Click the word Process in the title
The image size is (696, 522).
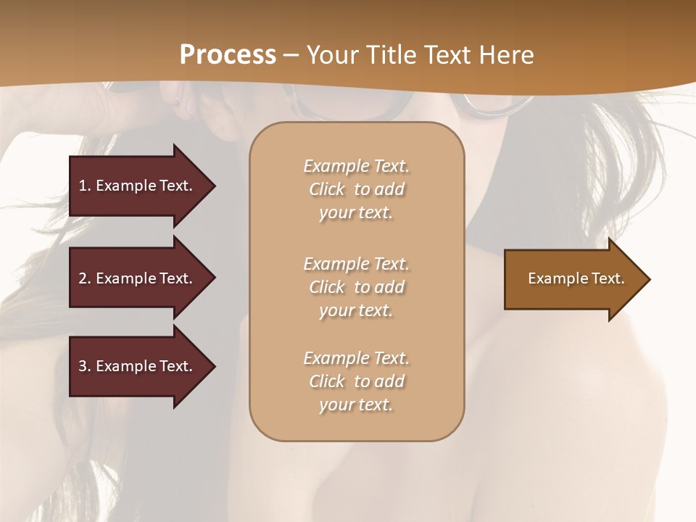pyautogui.click(x=228, y=55)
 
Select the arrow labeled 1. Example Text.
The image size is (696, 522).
pyautogui.click(x=138, y=186)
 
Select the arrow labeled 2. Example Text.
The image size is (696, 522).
pyautogui.click(x=138, y=278)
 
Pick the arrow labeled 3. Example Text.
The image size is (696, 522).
pyautogui.click(x=138, y=366)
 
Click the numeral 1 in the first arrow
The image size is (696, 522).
pyautogui.click(x=83, y=186)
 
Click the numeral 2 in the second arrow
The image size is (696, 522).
pyautogui.click(x=83, y=278)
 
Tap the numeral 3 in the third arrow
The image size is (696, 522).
pyautogui.click(x=83, y=366)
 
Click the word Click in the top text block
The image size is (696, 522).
pyautogui.click(x=327, y=189)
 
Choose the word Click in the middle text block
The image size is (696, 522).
pyautogui.click(x=327, y=287)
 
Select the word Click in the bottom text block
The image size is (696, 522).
pyautogui.click(x=327, y=381)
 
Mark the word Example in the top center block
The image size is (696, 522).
pyautogui.click(x=335, y=166)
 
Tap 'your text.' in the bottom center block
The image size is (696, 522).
pyautogui.click(x=356, y=405)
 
